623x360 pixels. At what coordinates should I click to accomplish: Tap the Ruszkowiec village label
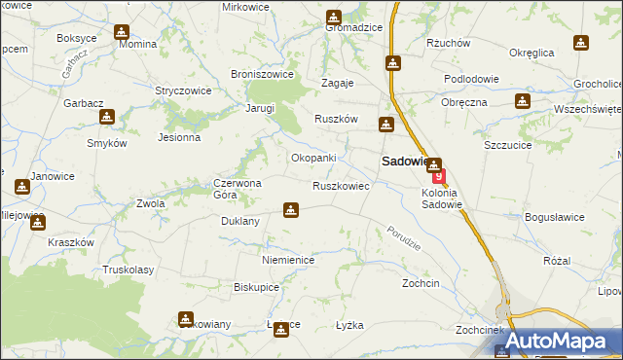point(340,185)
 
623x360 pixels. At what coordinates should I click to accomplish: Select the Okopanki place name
point(313,158)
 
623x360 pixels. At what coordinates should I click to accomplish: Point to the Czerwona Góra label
point(238,189)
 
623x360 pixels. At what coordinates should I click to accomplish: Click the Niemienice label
point(287,260)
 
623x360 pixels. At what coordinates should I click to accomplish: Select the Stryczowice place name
point(184,90)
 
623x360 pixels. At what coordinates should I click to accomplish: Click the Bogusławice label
point(554,216)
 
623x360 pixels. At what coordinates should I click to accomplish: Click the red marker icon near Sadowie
point(439,177)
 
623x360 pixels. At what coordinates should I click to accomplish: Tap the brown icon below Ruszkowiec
point(290,209)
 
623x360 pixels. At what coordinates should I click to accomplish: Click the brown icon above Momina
point(121,32)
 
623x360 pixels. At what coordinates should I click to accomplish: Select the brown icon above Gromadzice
point(334,17)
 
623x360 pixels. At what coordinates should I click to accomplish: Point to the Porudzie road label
point(402,236)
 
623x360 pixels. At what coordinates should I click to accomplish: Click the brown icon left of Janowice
point(21,186)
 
